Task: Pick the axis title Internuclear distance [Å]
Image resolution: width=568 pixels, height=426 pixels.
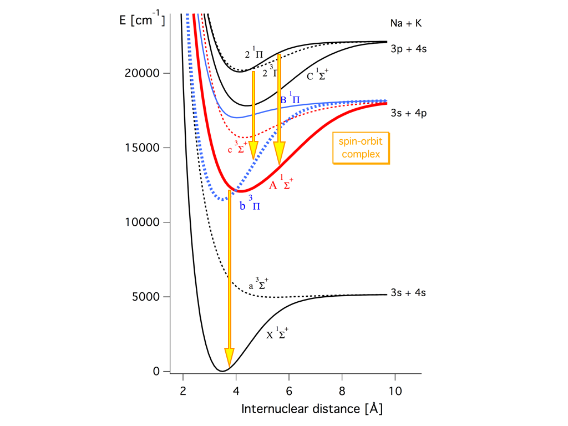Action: pyautogui.click(x=312, y=409)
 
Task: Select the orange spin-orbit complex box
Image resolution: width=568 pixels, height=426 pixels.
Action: pyautogui.click(x=360, y=148)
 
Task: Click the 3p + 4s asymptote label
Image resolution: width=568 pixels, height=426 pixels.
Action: pyautogui.click(x=408, y=49)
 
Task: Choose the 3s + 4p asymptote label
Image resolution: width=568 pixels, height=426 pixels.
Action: pyautogui.click(x=408, y=113)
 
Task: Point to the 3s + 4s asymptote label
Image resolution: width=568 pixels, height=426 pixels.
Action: pyautogui.click(x=408, y=292)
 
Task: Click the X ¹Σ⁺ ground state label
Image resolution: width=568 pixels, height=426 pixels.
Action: pyautogui.click(x=277, y=334)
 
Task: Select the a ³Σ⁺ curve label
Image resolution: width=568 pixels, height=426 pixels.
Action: pyautogui.click(x=259, y=286)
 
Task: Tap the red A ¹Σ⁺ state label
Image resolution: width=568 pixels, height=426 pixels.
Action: pyautogui.click(x=281, y=185)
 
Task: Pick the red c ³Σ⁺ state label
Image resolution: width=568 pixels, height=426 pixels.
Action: pyautogui.click(x=237, y=148)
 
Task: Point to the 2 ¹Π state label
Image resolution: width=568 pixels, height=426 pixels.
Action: pyautogui.click(x=254, y=54)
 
